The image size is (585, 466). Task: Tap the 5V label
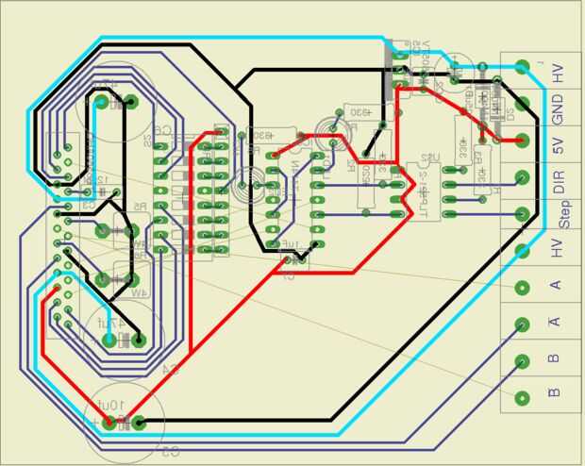[x=558, y=146]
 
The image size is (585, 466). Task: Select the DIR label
[x=558, y=182]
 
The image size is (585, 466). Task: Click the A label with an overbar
[x=555, y=321]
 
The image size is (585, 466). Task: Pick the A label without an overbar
[x=555, y=284]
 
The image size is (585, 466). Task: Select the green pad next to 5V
[x=521, y=140]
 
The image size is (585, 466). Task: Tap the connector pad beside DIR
[x=521, y=177]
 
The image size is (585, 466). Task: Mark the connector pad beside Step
[x=521, y=214]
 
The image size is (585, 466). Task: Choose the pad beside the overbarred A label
[x=521, y=324]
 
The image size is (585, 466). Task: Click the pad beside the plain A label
[x=521, y=288]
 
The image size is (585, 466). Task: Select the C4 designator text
[x=171, y=367]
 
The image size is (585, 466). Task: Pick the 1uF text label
[x=299, y=244]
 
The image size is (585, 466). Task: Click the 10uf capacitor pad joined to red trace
[x=111, y=422]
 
